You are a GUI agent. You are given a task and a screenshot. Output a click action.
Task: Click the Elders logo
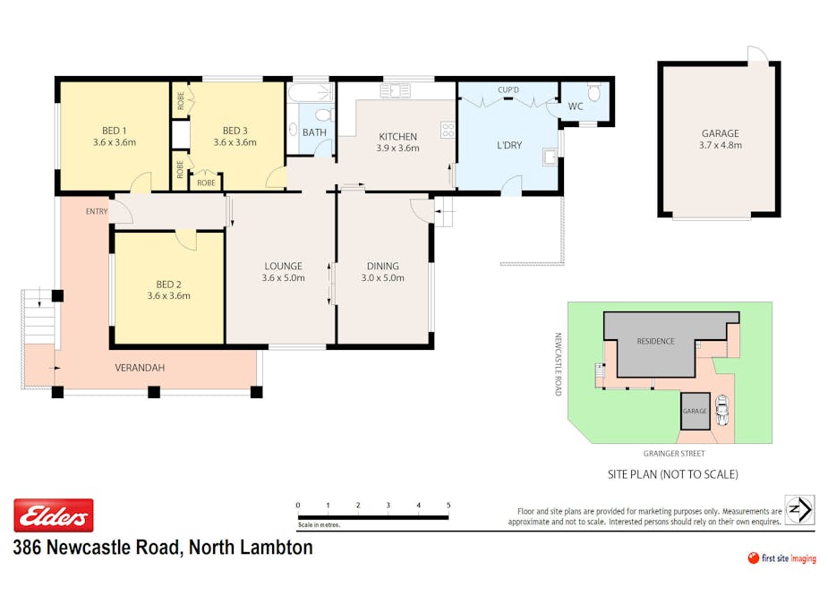pos(54,515)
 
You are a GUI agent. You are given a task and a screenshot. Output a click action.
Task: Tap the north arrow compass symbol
pos(799,510)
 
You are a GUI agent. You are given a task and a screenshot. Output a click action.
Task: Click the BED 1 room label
pos(114,131)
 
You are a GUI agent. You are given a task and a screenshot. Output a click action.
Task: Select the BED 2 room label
pos(168,284)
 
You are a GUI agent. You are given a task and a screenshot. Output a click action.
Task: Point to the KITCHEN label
pos(397,136)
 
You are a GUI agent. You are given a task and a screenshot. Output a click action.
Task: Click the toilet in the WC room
pos(594,91)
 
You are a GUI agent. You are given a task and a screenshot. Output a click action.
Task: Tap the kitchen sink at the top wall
pos(395,90)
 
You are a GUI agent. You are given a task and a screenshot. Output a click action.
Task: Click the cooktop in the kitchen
pos(448,130)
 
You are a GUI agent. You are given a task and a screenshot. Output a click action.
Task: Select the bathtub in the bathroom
pos(311,92)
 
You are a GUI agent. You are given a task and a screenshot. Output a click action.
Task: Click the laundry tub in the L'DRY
pos(551,157)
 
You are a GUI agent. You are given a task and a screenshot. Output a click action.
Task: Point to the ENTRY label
pos(97,211)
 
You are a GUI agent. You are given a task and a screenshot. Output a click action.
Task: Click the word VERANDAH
pos(140,368)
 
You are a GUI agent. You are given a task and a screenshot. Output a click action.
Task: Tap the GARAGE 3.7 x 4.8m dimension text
pos(721,145)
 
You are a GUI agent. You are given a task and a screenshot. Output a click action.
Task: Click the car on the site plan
pos(721,410)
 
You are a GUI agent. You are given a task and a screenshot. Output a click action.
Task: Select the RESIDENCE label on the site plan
pos(655,341)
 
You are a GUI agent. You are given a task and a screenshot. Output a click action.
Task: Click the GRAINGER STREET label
pos(674,453)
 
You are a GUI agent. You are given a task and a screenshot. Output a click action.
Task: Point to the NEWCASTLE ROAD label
pos(558,364)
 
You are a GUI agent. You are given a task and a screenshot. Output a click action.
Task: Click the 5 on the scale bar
pos(448,506)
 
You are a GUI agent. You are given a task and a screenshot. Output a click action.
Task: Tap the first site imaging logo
pos(782,558)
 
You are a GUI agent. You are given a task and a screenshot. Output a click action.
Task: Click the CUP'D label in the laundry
pos(508,89)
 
